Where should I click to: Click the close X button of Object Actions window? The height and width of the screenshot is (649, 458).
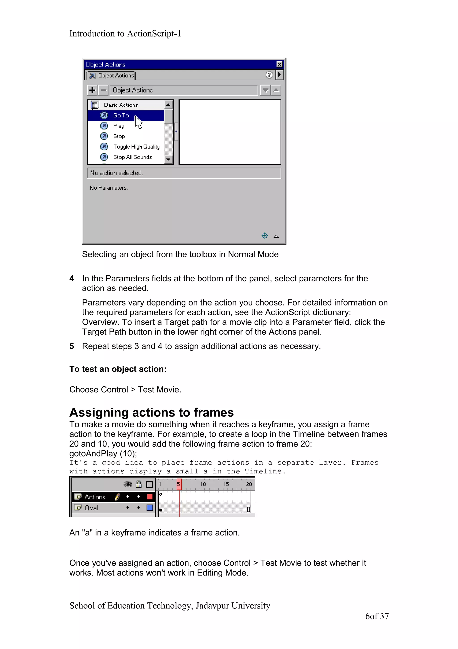point(279,64)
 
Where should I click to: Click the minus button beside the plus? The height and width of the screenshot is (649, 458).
point(104,90)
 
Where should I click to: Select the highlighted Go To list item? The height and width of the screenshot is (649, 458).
point(121,115)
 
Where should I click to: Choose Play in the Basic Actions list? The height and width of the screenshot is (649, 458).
point(118,126)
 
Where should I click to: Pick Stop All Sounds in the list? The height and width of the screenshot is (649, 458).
point(132,157)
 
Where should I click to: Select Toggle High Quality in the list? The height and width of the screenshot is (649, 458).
point(136,147)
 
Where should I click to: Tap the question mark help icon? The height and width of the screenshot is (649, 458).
point(269,75)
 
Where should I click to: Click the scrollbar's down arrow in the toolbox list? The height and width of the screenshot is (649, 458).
point(168,159)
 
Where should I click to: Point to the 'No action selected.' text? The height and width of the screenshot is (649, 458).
point(116,173)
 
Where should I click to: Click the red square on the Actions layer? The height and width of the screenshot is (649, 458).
point(150,497)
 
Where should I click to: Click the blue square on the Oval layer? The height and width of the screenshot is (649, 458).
point(150,508)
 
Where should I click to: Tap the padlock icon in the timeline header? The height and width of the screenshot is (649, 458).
point(139,484)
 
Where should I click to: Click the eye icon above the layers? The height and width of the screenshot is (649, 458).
point(128,484)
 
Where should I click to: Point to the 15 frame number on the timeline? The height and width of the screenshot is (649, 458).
point(226,484)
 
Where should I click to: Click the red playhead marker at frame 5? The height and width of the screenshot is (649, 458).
point(179,484)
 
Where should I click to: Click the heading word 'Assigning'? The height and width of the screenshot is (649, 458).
point(99,413)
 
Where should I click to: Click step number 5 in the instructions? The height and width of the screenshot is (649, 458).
point(72,346)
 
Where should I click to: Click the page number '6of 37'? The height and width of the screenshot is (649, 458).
point(377,616)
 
